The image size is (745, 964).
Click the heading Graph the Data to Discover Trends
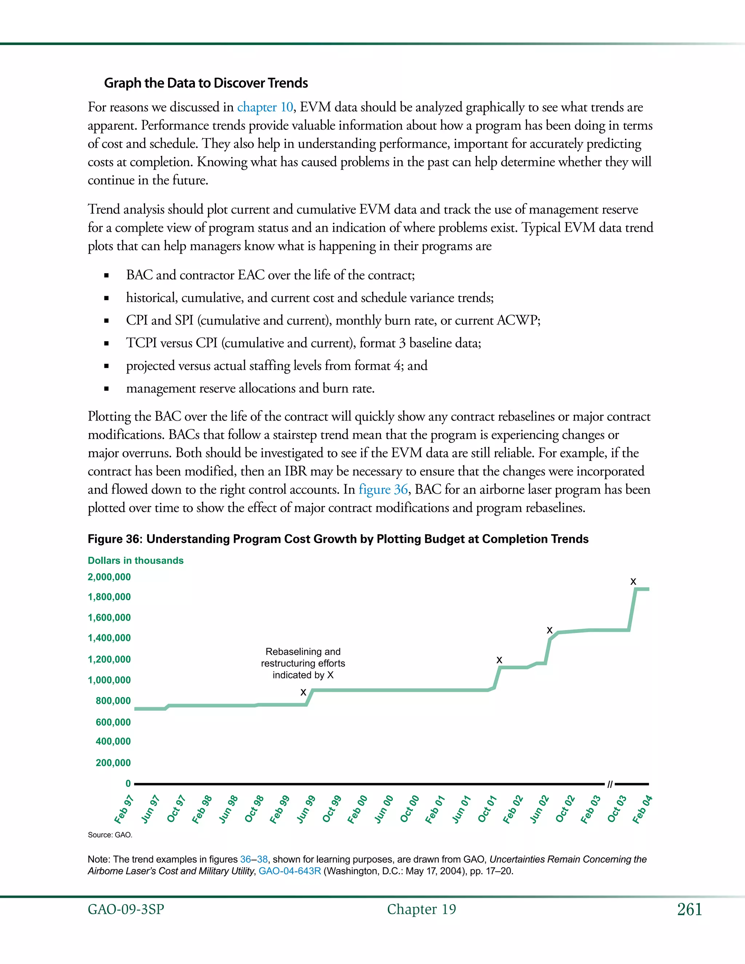click(206, 83)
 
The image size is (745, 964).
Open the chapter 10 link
click(265, 107)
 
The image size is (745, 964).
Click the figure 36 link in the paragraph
click(383, 490)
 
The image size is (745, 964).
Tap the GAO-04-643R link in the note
click(290, 871)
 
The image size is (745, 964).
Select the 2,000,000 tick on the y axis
click(109, 577)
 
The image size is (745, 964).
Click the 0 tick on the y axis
click(128, 784)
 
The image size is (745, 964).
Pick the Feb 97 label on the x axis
click(124, 809)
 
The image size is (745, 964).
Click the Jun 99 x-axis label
click(306, 809)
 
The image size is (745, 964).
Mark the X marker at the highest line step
click(633, 582)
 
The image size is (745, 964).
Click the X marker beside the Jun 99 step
click(303, 693)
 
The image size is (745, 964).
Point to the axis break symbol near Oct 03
click(610, 784)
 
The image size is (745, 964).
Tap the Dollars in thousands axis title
click(135, 561)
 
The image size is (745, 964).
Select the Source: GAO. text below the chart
click(110, 834)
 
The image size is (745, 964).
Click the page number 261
click(689, 909)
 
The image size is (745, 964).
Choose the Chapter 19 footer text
click(422, 909)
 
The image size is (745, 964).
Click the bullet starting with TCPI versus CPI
click(303, 343)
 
